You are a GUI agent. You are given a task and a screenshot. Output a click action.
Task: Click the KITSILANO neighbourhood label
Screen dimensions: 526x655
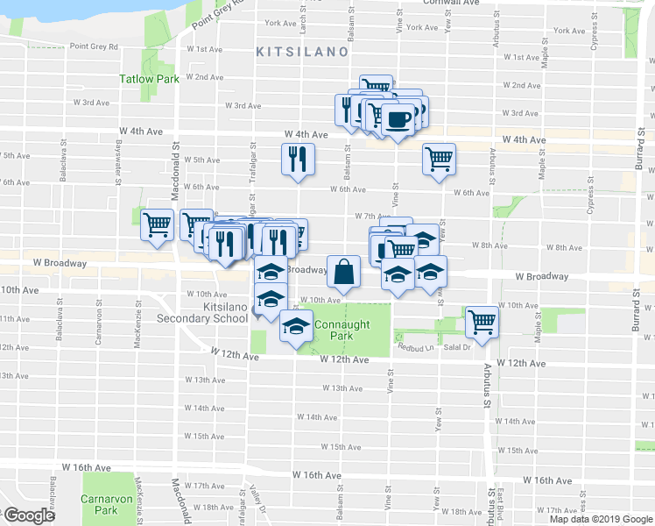[301, 53]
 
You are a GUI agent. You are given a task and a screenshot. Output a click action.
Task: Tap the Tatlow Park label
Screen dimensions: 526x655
[150, 79]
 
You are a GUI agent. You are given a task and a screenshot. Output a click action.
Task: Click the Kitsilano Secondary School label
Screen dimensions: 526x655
[202, 312]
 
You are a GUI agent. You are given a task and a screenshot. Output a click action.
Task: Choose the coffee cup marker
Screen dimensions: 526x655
[398, 120]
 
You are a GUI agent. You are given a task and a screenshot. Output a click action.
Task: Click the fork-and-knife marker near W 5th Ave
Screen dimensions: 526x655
[297, 160]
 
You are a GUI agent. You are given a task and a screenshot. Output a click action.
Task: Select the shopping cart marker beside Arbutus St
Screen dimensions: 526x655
[481, 322]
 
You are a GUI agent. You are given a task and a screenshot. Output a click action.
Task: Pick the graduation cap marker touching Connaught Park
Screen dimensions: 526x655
[296, 326]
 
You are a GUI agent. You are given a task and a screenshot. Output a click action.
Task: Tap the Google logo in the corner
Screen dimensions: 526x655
[30, 515]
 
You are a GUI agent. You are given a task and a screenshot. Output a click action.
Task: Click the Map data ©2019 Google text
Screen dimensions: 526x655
[601, 519]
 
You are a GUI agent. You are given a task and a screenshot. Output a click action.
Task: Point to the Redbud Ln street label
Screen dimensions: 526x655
[417, 348]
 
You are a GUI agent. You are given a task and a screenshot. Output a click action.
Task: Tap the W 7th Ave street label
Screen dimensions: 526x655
[372, 216]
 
